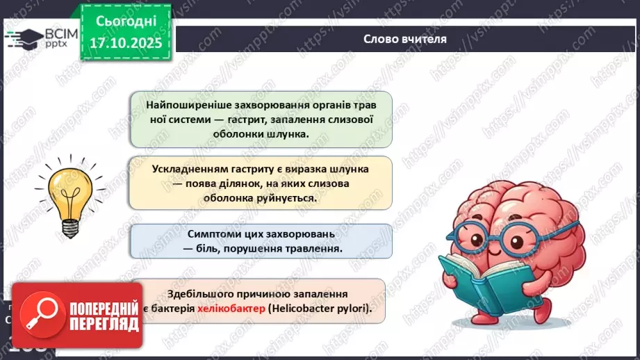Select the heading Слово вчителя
pyautogui.click(x=405, y=39)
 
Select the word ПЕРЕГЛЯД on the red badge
pyautogui.click(x=104, y=324)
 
